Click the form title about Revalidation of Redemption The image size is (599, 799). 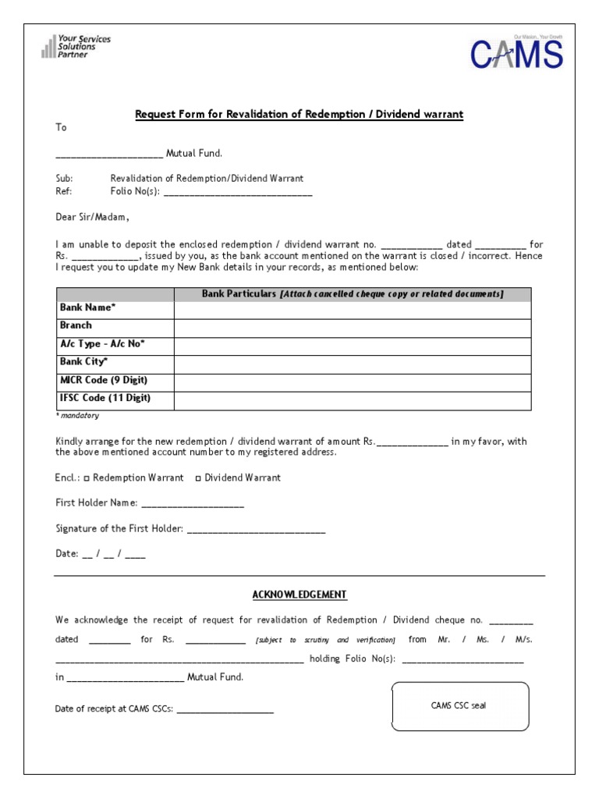tap(299, 115)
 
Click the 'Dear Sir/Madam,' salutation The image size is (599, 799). tap(92, 217)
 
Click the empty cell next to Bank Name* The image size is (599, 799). tap(353, 311)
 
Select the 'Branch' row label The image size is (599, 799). tap(76, 325)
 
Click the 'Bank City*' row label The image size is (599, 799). tap(83, 361)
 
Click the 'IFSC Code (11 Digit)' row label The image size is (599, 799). tap(105, 398)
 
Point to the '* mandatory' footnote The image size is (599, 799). tap(77, 416)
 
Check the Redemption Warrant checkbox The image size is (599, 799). tap(87, 478)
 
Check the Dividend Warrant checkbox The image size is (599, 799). tap(198, 478)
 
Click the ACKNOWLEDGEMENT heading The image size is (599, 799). tap(299, 595)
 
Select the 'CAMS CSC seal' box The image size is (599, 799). tap(459, 706)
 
